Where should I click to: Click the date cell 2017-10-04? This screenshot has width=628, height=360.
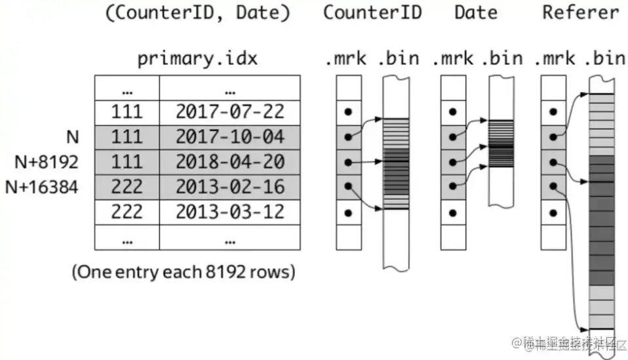point(229,137)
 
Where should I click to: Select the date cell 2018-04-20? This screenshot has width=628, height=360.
point(229,162)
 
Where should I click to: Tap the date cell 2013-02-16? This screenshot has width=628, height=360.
point(229,187)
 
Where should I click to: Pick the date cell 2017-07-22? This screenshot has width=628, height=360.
point(229,112)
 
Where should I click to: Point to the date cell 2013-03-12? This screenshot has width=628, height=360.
point(229,212)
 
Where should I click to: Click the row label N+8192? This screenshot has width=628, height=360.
point(42,162)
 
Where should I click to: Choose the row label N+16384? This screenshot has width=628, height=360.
point(42,188)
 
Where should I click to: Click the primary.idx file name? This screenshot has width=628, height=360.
point(197,58)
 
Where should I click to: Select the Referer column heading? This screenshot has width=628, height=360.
point(580,12)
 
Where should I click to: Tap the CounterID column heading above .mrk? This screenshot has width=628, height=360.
point(372,12)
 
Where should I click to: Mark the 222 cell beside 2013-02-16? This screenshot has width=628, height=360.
point(127,187)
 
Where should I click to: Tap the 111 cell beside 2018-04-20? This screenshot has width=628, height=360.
point(127,162)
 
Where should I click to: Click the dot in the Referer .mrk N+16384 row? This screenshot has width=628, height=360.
point(553,187)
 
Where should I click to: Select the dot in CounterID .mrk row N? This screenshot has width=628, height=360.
point(348,137)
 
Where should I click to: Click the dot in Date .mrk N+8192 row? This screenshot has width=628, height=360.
point(452,162)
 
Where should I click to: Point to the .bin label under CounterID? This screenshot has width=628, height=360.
point(398,58)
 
